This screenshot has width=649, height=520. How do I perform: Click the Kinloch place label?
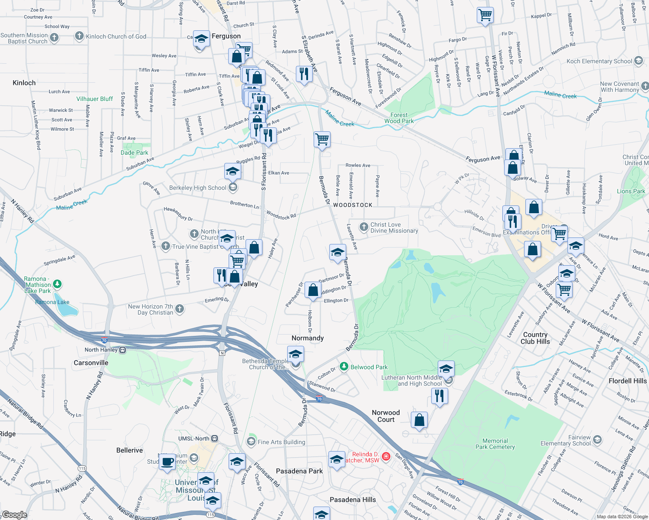[24, 83]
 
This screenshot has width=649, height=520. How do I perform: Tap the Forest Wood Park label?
[399, 118]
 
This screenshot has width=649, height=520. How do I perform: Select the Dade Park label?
[134, 153]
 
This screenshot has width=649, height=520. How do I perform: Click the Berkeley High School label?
[198, 188]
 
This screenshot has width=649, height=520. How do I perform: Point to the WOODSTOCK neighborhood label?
[353, 205]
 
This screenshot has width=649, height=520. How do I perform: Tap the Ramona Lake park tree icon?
[57, 284]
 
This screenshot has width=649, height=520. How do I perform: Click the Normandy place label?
[308, 338]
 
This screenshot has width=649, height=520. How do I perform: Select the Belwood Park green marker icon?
[344, 367]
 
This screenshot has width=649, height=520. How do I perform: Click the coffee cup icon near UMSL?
[167, 461]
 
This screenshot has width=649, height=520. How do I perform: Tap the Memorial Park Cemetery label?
[495, 444]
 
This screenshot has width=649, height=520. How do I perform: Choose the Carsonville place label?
[91, 363]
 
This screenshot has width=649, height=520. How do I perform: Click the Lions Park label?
[631, 191]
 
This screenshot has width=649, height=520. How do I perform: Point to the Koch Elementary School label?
[599, 61]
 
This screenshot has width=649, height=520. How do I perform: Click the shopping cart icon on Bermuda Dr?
[322, 140]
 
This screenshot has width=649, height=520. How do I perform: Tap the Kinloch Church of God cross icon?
[79, 36]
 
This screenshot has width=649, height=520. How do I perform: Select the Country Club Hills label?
[535, 338]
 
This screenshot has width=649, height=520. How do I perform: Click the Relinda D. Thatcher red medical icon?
[386, 456]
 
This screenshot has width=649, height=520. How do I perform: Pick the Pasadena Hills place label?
[353, 500]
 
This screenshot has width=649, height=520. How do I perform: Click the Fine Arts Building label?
[281, 442]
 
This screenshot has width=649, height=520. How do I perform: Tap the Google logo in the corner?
[14, 514]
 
